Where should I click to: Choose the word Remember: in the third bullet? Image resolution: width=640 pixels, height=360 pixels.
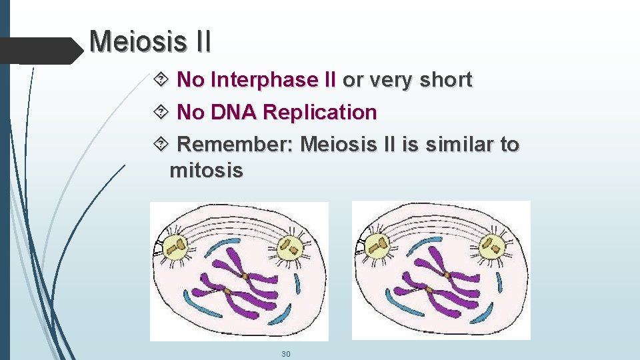click(236, 144)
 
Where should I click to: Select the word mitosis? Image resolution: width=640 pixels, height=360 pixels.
click(207, 171)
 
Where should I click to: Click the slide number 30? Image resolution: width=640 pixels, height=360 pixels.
click(285, 353)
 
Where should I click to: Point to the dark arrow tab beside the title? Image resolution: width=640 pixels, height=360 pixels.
click(40, 50)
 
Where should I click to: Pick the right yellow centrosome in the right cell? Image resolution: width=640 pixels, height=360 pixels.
click(493, 247)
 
